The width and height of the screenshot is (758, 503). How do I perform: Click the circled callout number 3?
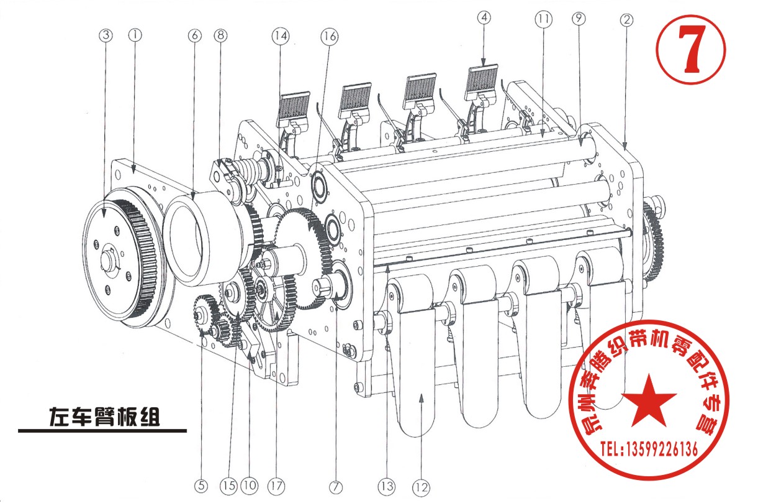[x=106, y=35]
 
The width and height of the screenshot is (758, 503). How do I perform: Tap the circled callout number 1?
[x=135, y=35]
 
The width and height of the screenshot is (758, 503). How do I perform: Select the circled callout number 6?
[x=194, y=35]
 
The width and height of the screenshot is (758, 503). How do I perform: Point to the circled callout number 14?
[x=281, y=36]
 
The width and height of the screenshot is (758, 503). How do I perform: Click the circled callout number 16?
[x=330, y=36]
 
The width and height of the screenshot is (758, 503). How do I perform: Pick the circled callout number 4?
[x=484, y=17]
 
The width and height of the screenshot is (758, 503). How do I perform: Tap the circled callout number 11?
[x=543, y=19]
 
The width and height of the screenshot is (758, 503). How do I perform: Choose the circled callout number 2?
[x=626, y=20]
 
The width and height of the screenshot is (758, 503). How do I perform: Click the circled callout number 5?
[x=201, y=486]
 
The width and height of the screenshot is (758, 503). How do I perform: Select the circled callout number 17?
[x=276, y=486]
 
